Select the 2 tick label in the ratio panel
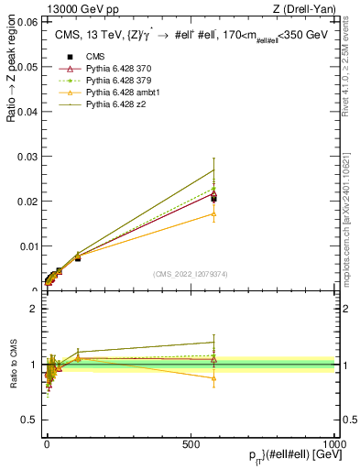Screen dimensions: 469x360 33,309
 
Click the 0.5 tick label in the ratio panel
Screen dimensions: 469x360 29,420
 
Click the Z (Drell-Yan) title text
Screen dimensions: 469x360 304,8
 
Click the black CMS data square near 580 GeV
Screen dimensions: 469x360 213,197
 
